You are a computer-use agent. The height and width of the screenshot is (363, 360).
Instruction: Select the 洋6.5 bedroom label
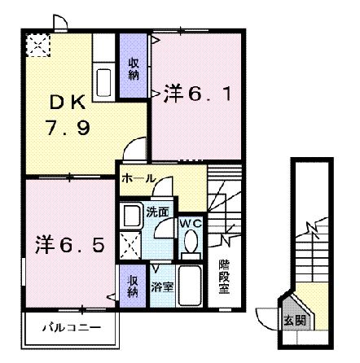tap(68, 243)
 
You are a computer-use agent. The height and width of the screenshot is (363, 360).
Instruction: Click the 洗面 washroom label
tap(158, 213)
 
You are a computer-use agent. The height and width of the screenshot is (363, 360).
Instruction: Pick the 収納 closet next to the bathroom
tap(133, 286)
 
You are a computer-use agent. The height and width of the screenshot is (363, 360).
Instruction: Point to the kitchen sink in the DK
tap(104, 80)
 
